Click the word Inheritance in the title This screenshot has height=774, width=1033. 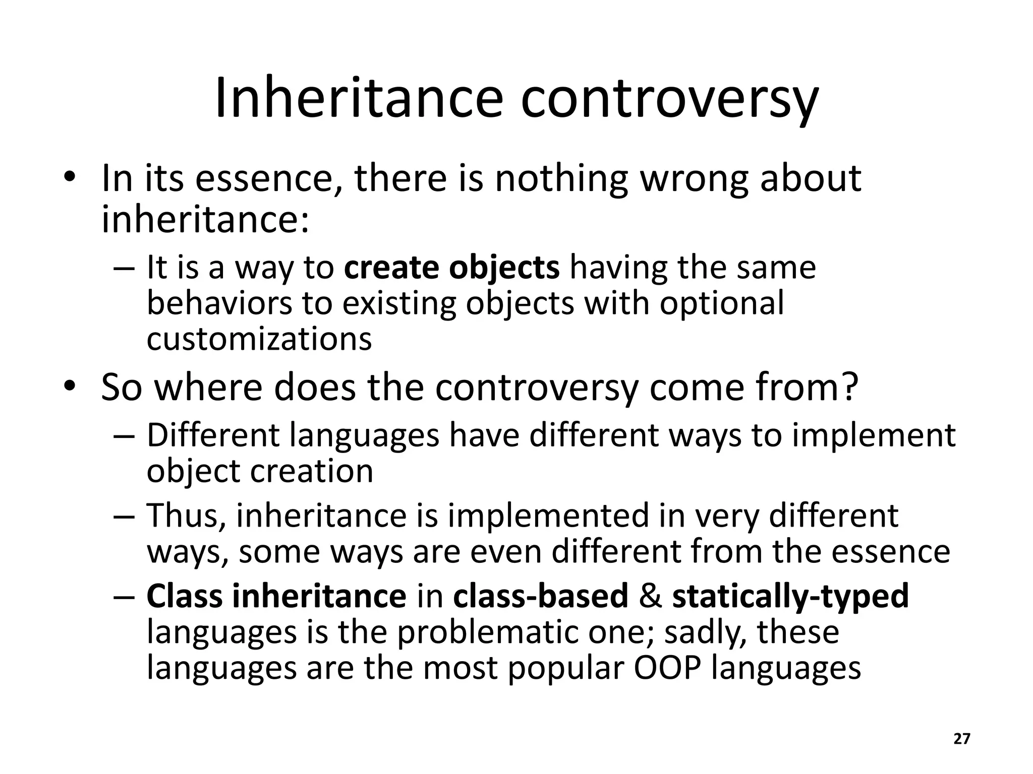359,98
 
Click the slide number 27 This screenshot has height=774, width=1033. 962,739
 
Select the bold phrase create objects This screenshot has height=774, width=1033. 451,268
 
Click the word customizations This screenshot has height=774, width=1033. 259,339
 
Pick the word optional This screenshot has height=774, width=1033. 722,303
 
